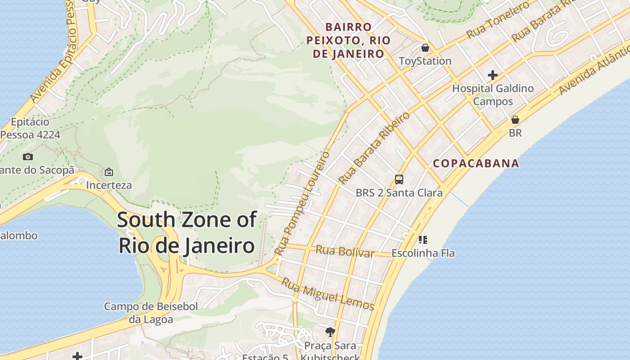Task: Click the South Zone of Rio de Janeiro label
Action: click(x=187, y=233)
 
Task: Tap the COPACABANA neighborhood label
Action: click(x=476, y=163)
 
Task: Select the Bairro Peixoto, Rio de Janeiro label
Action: click(x=348, y=40)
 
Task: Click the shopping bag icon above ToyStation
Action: click(x=425, y=48)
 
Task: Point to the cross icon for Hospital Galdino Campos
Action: click(x=493, y=75)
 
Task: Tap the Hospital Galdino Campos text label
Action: click(x=493, y=94)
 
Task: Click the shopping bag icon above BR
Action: click(x=515, y=120)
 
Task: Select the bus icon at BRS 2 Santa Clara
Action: click(x=399, y=180)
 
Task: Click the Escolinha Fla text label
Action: click(x=423, y=253)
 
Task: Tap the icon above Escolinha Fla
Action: click(x=423, y=239)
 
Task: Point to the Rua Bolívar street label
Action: click(x=345, y=252)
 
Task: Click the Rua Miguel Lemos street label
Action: click(x=328, y=294)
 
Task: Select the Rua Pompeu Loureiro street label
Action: click(x=302, y=202)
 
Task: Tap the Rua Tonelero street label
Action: click(x=498, y=20)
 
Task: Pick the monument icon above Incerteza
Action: click(x=109, y=172)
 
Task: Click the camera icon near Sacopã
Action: click(x=28, y=157)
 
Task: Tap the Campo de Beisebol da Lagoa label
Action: click(x=151, y=313)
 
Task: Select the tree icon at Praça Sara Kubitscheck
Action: click(x=330, y=332)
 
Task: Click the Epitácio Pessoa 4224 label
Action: click(x=30, y=128)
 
